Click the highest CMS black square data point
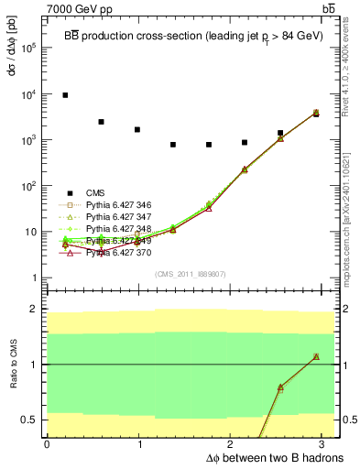pyautogui.click(x=65, y=95)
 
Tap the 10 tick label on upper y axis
pyautogui.click(x=29, y=232)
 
